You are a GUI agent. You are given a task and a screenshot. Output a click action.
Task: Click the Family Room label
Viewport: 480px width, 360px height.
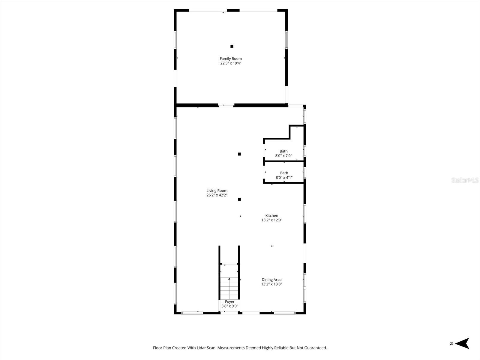pyautogui.click(x=231, y=58)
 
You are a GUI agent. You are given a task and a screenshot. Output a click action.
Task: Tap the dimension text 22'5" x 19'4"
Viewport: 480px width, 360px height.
pyautogui.click(x=231, y=63)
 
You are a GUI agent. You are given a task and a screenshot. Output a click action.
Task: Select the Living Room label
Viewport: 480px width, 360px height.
pyautogui.click(x=217, y=190)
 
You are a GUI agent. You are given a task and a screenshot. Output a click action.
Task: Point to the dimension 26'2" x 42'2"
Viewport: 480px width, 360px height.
pyautogui.click(x=217, y=195)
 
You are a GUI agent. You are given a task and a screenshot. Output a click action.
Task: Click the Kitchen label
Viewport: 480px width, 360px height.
pyautogui.click(x=272, y=215)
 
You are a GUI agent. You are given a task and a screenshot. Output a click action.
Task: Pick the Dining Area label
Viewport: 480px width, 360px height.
pyautogui.click(x=271, y=280)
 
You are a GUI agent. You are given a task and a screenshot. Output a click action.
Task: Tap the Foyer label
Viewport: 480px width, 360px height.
pyautogui.click(x=230, y=301)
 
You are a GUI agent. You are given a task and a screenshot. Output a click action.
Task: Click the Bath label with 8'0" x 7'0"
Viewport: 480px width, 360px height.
pyautogui.click(x=283, y=151)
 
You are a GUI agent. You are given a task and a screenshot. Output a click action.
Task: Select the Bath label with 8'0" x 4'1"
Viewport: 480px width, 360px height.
pyautogui.click(x=284, y=173)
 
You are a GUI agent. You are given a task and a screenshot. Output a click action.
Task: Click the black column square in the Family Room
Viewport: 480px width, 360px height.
pyautogui.click(x=232, y=46)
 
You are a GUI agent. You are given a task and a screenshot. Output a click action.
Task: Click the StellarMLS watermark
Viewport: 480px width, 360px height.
pyautogui.click(x=465, y=180)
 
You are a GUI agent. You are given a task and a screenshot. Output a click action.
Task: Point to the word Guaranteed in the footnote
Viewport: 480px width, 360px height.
pyautogui.click(x=316, y=348)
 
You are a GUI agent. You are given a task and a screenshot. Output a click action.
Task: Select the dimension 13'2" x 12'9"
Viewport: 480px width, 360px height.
pyautogui.click(x=272, y=220)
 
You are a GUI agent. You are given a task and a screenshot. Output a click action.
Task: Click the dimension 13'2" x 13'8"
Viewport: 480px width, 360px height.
pyautogui.click(x=271, y=284)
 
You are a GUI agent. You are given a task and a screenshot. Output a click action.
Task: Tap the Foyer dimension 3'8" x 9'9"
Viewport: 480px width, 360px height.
pyautogui.click(x=230, y=306)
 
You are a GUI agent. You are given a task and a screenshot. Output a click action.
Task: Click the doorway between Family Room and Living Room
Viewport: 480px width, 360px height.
pyautogui.click(x=226, y=105)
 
